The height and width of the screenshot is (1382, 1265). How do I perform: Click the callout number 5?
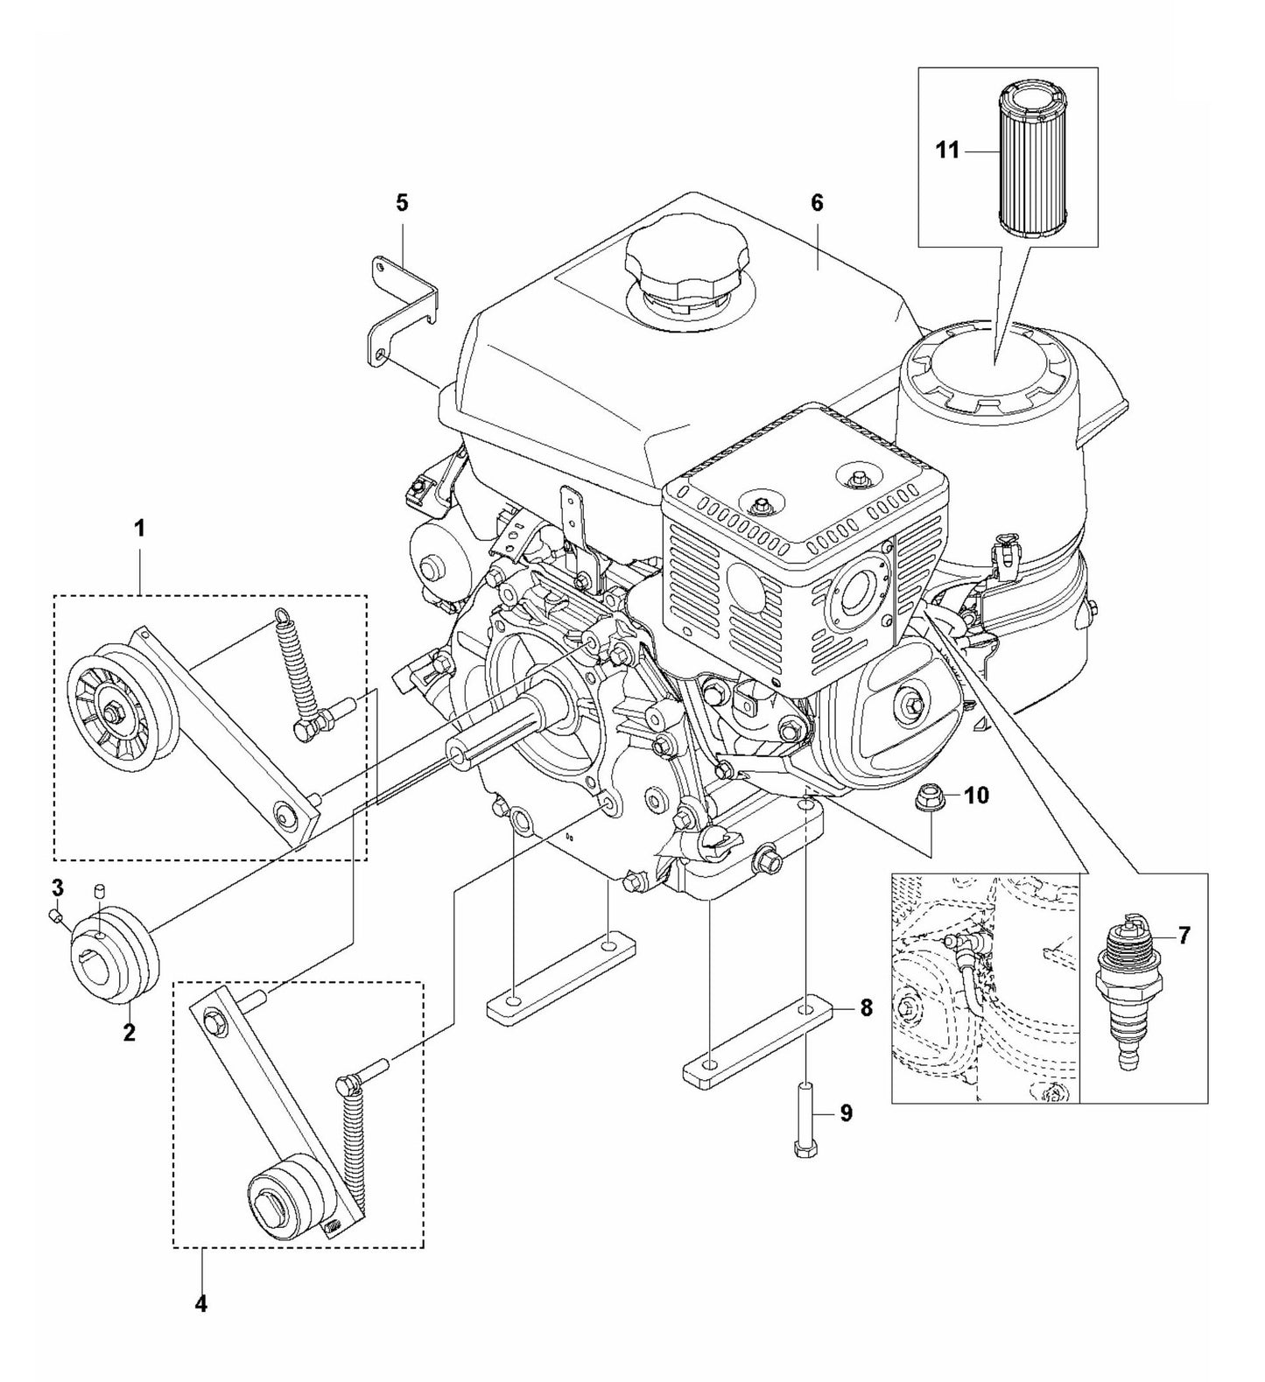click(x=402, y=203)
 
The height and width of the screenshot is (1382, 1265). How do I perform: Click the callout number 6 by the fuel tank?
click(x=817, y=203)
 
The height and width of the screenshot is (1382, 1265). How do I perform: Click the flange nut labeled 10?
click(x=928, y=796)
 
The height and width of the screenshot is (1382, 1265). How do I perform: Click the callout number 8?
click(x=865, y=1008)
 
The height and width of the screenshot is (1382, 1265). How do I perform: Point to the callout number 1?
click(x=138, y=528)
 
